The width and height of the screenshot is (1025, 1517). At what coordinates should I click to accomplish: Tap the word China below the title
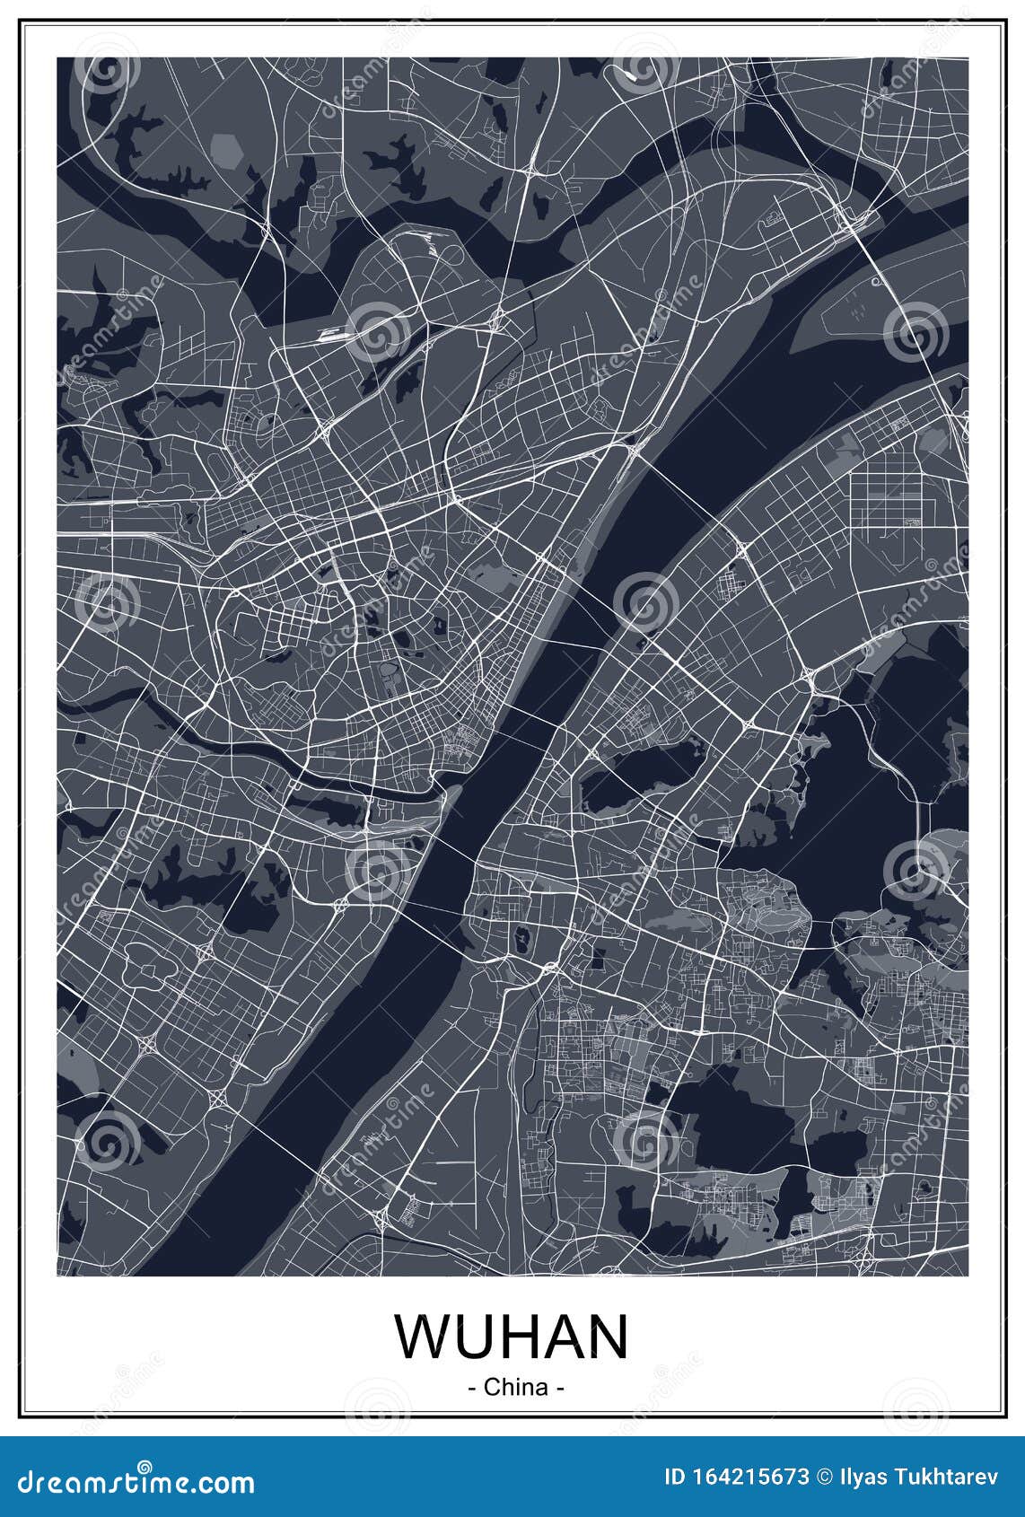click(x=515, y=1387)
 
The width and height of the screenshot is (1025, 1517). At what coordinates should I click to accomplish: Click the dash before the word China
click(x=472, y=1388)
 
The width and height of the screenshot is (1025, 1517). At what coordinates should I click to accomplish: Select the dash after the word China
click(x=559, y=1388)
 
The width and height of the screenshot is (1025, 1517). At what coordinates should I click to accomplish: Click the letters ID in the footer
click(x=675, y=1477)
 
